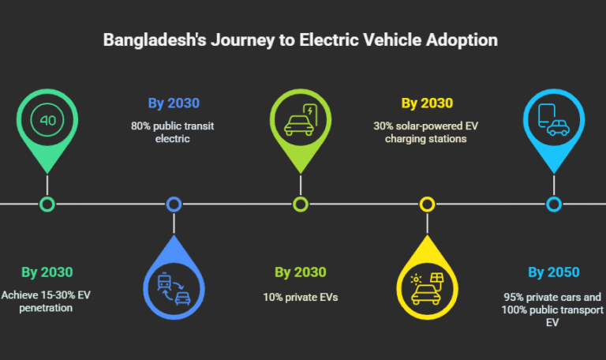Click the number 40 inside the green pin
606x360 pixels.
point(47,121)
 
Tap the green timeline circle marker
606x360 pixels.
point(47,204)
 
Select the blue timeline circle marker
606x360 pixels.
point(174,204)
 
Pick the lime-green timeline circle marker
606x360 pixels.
point(301,204)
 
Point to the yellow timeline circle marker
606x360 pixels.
point(427,204)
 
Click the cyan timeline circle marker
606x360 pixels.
point(554,204)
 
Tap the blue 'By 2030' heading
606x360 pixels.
point(174,103)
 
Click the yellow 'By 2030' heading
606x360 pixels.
point(427,103)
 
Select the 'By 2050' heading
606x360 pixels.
point(553,272)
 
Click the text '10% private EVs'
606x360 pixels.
point(301,298)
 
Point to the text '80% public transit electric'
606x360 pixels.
point(174,132)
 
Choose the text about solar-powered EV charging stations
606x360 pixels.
point(427,132)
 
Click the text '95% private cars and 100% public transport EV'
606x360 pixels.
point(553,309)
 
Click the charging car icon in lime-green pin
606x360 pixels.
point(301,120)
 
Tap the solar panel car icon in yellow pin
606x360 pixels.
point(427,290)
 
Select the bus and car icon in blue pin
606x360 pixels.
point(174,290)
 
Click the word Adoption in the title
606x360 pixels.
point(466,40)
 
